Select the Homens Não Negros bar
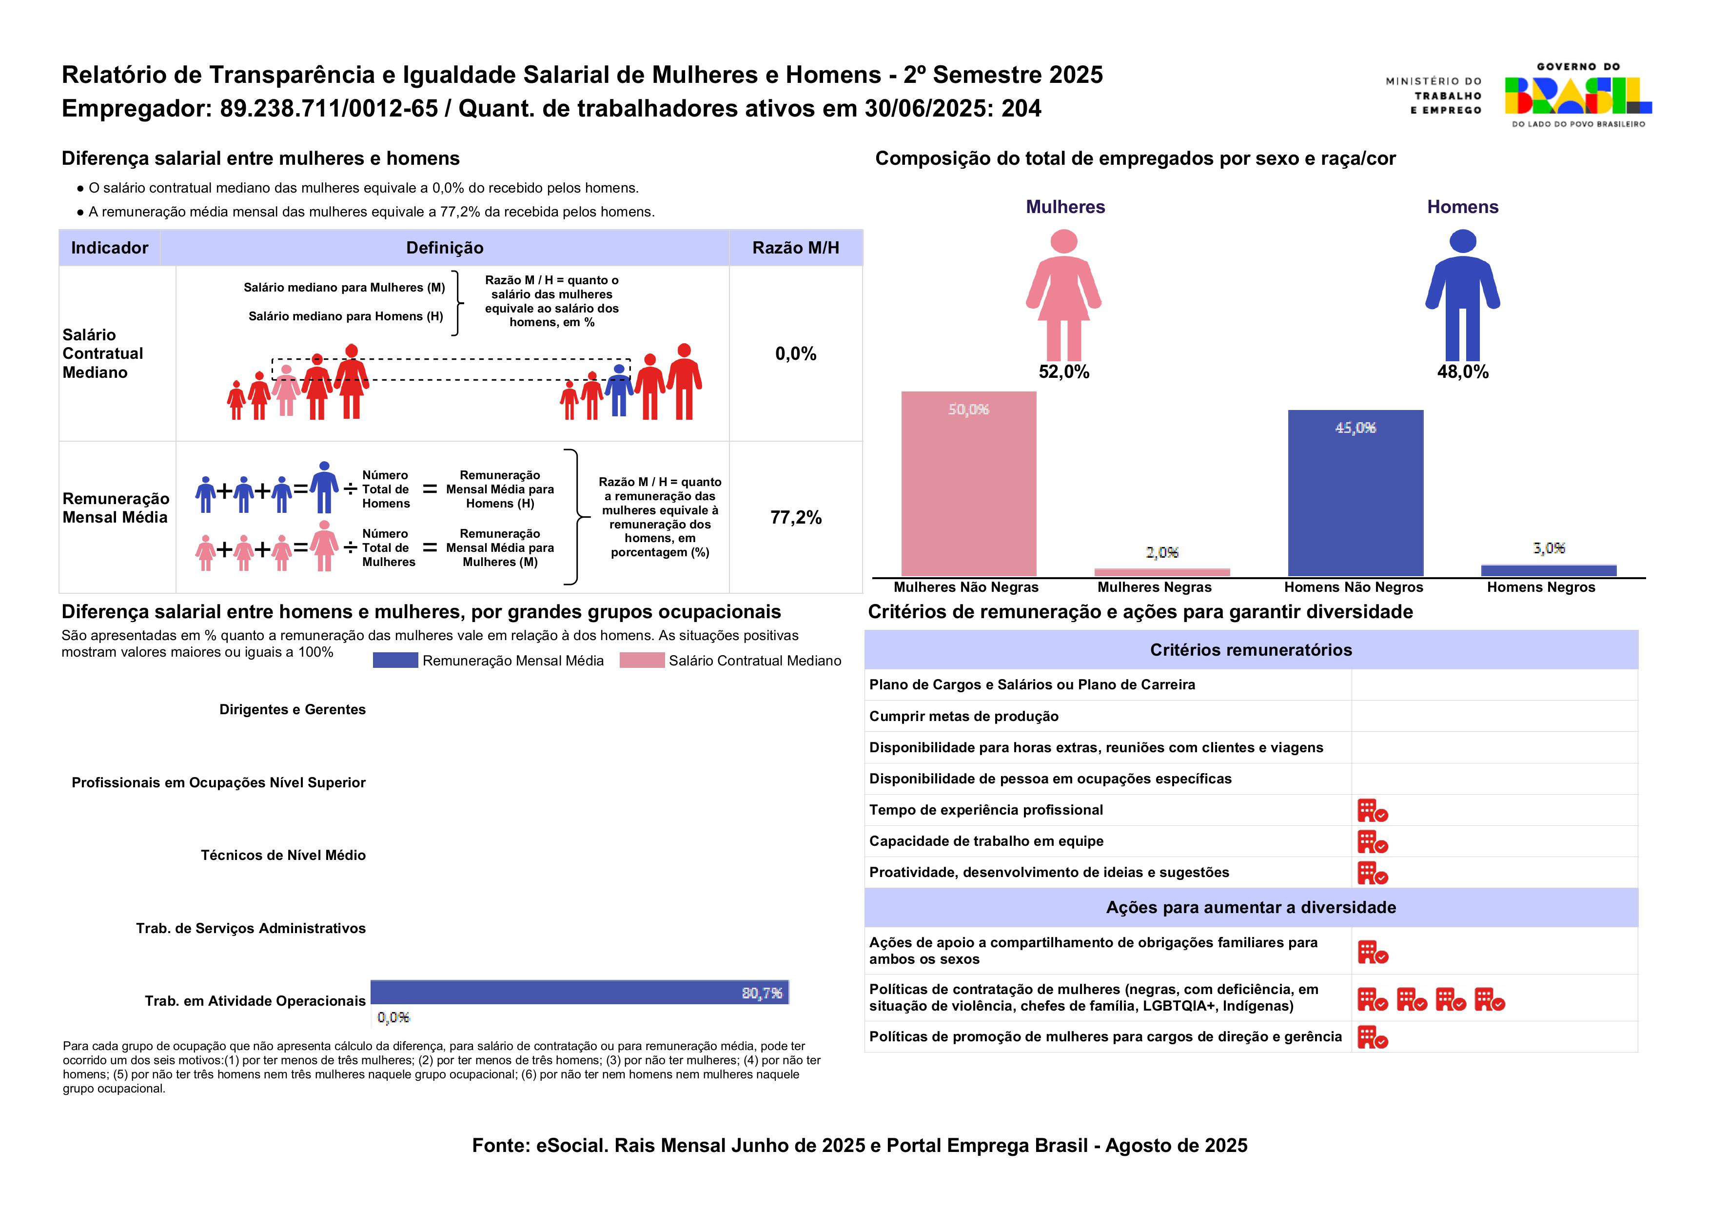[1355, 493]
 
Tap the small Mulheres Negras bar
[1161, 572]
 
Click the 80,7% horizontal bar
[579, 993]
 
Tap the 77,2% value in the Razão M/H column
[795, 517]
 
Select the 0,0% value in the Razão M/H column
[795, 353]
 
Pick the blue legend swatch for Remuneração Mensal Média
[394, 661]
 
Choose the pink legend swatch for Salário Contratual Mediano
[641, 661]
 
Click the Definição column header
[445, 248]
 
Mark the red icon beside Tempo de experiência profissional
[1372, 810]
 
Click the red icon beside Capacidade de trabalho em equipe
[1372, 841]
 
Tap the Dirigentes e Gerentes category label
[292, 709]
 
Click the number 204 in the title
[1021, 109]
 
